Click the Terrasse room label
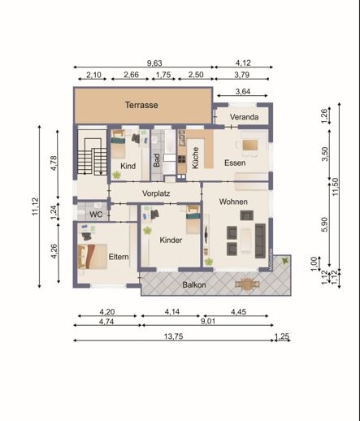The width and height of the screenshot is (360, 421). pyautogui.click(x=141, y=105)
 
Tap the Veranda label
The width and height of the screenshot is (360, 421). pyautogui.click(x=244, y=117)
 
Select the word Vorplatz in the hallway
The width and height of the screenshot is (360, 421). pyautogui.click(x=156, y=193)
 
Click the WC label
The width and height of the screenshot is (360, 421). pyautogui.click(x=96, y=215)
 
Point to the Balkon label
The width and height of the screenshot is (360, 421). pyautogui.click(x=194, y=285)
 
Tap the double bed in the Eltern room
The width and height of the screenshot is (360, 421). pyautogui.click(x=93, y=256)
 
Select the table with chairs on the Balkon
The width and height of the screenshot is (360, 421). pyautogui.click(x=247, y=284)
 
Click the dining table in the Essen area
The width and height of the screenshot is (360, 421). pyautogui.click(x=250, y=145)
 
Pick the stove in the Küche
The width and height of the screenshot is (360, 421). pyautogui.click(x=182, y=159)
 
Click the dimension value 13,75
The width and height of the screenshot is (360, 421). pyautogui.click(x=173, y=336)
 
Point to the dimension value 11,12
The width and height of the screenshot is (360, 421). pyautogui.click(x=36, y=206)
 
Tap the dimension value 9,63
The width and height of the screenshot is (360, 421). pyautogui.click(x=154, y=63)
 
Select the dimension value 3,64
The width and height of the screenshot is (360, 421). pyautogui.click(x=243, y=92)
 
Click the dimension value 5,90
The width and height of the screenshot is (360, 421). pyautogui.click(x=325, y=224)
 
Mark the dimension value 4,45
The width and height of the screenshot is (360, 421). pyautogui.click(x=238, y=312)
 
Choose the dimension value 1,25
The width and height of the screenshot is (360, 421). pyautogui.click(x=282, y=336)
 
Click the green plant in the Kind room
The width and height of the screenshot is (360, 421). pyautogui.click(x=116, y=175)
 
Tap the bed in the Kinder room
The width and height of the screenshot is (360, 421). pyautogui.click(x=193, y=219)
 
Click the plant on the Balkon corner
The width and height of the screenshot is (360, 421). pyautogui.click(x=285, y=261)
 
